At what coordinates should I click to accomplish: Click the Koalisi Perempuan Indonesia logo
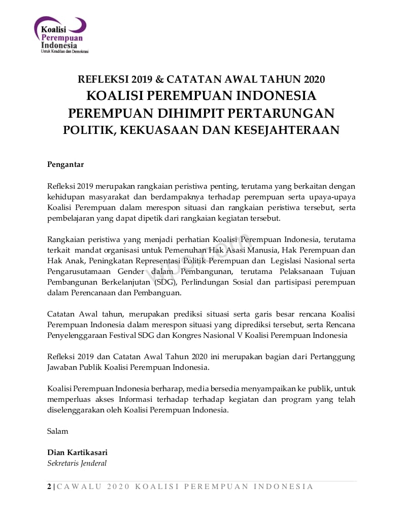coord(60,33)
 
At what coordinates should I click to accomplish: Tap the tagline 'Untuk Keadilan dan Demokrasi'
coord(64,52)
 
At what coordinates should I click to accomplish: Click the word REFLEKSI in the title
coord(103,79)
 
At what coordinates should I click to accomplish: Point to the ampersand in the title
coord(159,79)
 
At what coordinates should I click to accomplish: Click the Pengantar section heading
coord(65,164)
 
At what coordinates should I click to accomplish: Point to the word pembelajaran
coord(71,218)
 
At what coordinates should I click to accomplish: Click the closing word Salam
coord(57,431)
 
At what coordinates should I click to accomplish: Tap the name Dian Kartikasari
coord(77,452)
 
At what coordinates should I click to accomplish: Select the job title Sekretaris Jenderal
coord(77,463)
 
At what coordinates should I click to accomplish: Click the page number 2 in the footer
coord(49,487)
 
